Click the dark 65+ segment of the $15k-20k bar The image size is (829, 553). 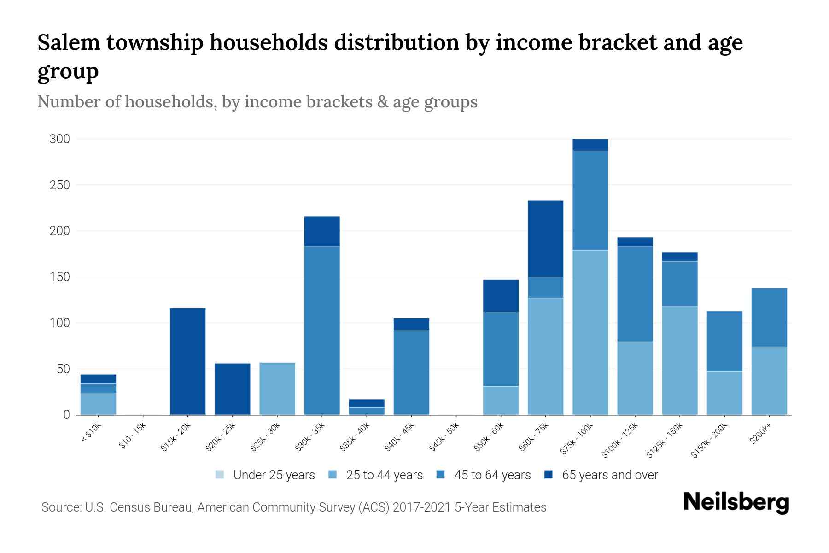point(187,361)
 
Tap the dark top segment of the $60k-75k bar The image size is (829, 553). point(545,239)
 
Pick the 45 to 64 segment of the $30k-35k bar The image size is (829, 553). point(322,330)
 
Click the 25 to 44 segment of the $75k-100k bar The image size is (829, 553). point(590,332)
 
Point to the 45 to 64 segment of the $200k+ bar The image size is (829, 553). point(769,317)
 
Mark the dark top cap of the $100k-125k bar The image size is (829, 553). point(635,242)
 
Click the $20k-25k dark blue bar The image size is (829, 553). point(232,389)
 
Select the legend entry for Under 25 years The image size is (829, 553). point(265,475)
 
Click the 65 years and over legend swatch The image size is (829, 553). point(549,475)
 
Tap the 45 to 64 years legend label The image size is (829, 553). point(492,475)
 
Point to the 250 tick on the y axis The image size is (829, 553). point(59,185)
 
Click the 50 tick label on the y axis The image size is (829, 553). point(63,369)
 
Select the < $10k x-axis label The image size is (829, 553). point(92,433)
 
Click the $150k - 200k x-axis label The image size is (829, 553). point(709,440)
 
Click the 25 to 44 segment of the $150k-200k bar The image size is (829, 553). point(724,393)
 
